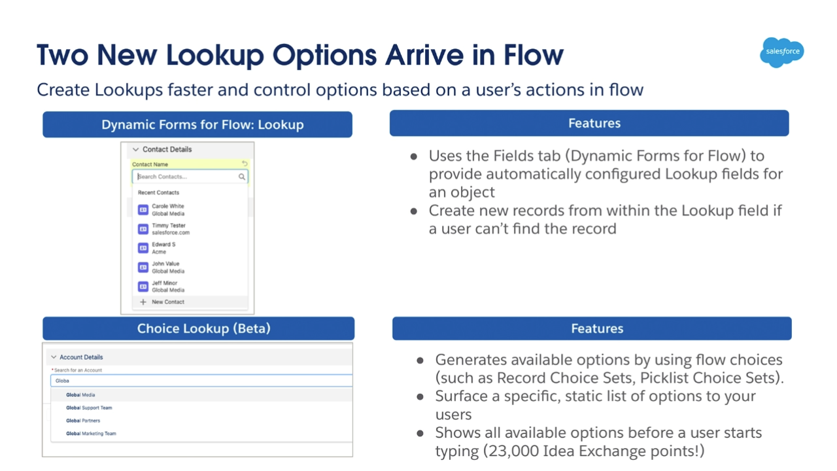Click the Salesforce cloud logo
pos(781,52)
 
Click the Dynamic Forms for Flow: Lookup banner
pos(197,124)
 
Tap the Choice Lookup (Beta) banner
pos(198,328)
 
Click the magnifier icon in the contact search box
pos(242,177)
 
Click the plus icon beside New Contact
pos(143,302)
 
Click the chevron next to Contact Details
pos(135,150)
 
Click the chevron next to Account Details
pos(54,357)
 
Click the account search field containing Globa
pos(201,381)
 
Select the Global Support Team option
pos(89,408)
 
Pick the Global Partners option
pos(83,421)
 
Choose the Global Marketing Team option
pos(91,434)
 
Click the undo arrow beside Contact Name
pos(245,164)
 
